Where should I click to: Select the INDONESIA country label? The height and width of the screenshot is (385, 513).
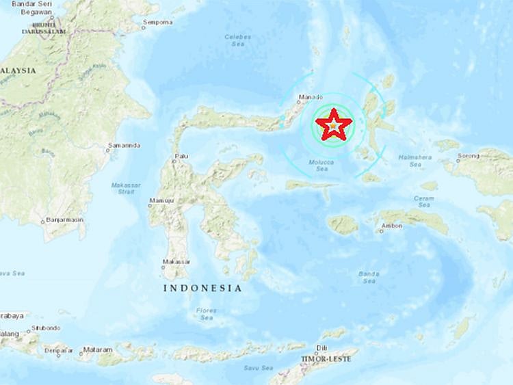coord(203,289)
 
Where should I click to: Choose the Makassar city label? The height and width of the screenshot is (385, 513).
coord(177,262)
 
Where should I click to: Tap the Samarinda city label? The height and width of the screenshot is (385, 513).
coord(124,146)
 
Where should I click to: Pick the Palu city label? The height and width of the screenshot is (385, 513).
coord(181,157)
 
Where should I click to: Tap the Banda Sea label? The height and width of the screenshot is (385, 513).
coord(368,277)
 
